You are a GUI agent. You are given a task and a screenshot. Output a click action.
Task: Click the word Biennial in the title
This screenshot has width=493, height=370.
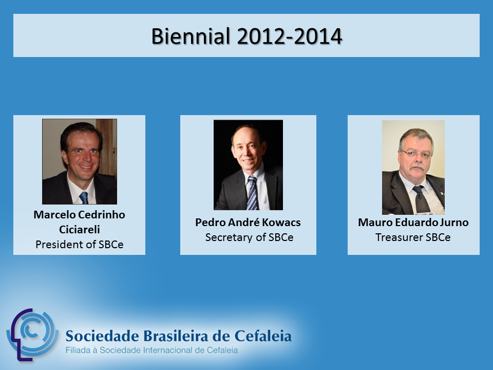pyautogui.click(x=191, y=36)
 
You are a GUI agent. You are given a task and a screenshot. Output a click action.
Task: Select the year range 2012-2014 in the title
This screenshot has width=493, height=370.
pyautogui.click(x=289, y=36)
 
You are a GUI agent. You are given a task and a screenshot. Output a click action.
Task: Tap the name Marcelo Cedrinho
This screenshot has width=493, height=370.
pyautogui.click(x=79, y=215)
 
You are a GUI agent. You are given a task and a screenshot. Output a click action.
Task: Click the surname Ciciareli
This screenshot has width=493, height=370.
pyautogui.click(x=80, y=229)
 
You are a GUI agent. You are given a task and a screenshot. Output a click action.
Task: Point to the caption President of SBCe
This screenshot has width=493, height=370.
pyautogui.click(x=80, y=245)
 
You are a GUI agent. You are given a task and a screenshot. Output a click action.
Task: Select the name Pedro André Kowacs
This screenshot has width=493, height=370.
pyautogui.click(x=248, y=223)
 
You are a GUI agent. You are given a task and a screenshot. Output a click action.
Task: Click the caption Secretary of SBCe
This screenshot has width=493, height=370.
pyautogui.click(x=250, y=237)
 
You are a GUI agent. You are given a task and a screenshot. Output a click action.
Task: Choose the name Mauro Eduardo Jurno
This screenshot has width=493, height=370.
pyautogui.click(x=413, y=223)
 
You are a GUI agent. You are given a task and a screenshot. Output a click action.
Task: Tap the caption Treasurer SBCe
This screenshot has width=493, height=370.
pyautogui.click(x=413, y=237)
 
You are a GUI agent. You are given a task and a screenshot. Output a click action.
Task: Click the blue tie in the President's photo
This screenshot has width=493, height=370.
pyautogui.click(x=84, y=197)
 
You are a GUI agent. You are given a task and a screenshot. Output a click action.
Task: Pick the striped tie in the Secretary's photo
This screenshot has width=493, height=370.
pyautogui.click(x=252, y=193)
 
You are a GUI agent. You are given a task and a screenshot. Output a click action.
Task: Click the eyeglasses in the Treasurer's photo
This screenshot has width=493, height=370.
pyautogui.click(x=416, y=154)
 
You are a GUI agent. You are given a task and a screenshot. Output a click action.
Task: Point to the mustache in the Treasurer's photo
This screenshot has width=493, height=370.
pyautogui.click(x=418, y=166)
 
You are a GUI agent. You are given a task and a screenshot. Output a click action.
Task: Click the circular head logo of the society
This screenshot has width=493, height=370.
pyautogui.click(x=32, y=335)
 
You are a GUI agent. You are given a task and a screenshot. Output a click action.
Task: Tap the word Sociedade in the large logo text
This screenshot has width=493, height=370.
pyautogui.click(x=102, y=336)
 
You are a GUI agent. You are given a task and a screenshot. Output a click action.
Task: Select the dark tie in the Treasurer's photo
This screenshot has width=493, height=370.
pyautogui.click(x=421, y=199)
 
